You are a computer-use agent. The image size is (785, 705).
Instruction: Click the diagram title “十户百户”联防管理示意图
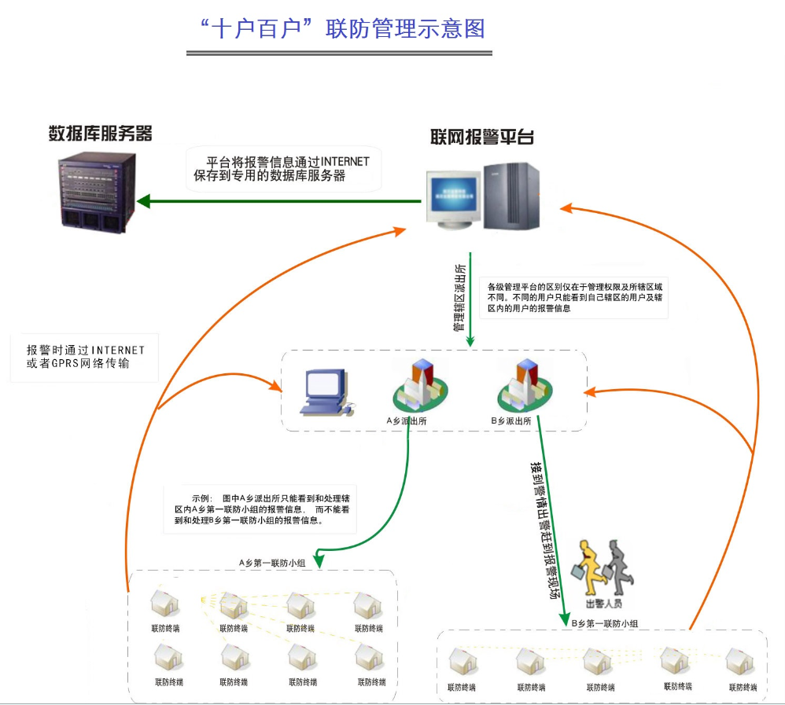pos(342,29)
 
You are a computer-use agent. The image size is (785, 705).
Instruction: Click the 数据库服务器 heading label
pos(100,133)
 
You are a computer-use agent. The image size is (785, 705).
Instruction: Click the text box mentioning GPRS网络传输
pos(85,357)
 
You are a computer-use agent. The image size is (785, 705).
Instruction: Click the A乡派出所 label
pos(407,421)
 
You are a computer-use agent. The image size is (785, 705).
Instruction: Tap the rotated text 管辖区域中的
pos(458,295)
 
